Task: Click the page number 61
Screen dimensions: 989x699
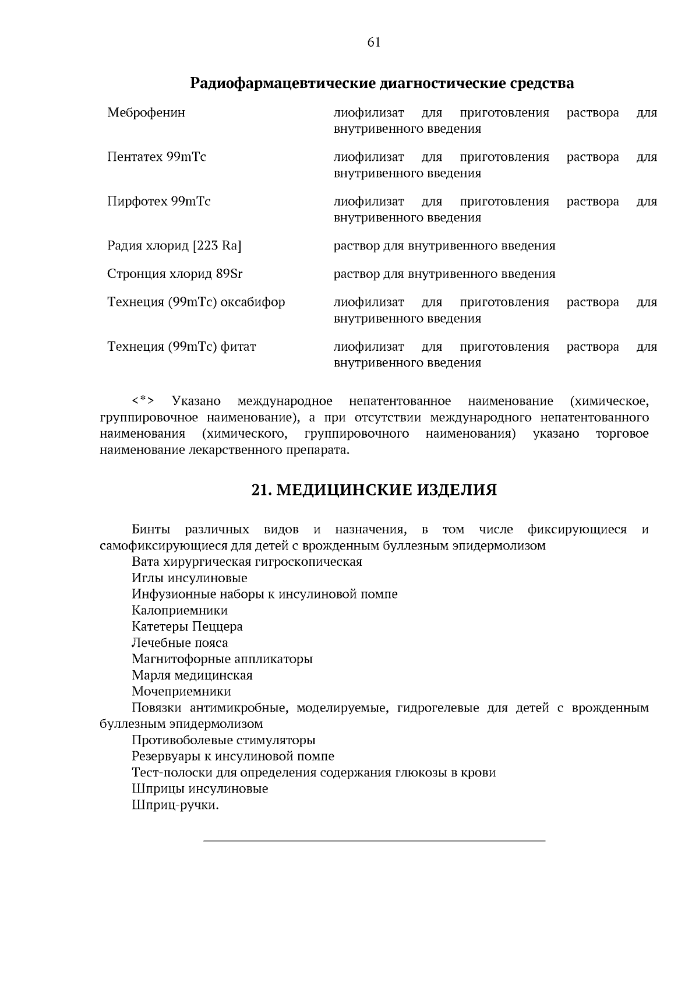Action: pos(374,42)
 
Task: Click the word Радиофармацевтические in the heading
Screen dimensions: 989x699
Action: pos(283,83)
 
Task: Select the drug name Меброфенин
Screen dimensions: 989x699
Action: pos(146,112)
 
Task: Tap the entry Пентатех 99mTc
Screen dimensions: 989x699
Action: pos(156,157)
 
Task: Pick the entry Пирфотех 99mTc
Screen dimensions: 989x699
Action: pos(158,202)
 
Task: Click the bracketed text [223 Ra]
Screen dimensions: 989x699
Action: pos(217,246)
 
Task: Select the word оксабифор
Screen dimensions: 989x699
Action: pos(255,302)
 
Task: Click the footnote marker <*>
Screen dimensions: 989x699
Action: pos(143,401)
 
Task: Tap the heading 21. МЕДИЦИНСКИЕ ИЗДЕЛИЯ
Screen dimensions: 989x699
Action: pos(374,490)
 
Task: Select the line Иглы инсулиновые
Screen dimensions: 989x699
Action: pos(189,578)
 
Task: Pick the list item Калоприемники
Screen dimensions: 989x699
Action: pos(179,611)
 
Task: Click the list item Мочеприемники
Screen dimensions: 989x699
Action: pos(181,692)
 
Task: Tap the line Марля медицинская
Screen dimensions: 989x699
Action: pos(192,675)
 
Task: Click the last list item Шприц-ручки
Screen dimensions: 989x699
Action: pos(175,805)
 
